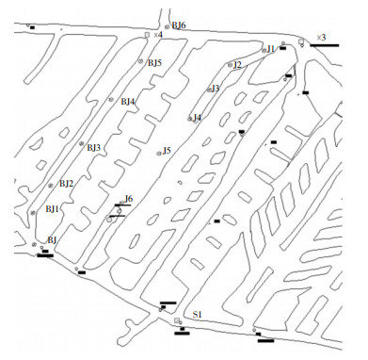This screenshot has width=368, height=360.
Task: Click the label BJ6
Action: (x=179, y=25)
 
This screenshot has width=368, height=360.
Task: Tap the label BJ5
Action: (x=154, y=63)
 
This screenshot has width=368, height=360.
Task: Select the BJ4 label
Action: (x=128, y=102)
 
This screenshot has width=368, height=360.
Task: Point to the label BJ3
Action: (x=93, y=148)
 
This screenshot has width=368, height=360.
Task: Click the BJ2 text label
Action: (x=67, y=184)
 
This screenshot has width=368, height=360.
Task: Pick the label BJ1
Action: (x=52, y=209)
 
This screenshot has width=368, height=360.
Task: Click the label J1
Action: (x=271, y=49)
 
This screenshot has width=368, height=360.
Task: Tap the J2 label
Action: (x=237, y=65)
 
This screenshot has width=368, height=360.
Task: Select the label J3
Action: (x=216, y=89)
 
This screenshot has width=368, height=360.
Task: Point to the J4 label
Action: (x=197, y=118)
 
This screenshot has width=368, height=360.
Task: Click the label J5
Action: (x=167, y=151)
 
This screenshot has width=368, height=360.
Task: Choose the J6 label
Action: (x=129, y=199)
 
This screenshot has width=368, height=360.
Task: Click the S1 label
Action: (x=197, y=315)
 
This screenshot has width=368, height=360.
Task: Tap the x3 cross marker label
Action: (x=321, y=38)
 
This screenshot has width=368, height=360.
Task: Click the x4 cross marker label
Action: (x=158, y=35)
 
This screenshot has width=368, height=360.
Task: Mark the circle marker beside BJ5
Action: (x=140, y=61)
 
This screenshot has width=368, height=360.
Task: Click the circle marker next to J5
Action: (x=159, y=154)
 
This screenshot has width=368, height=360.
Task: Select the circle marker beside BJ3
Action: (x=81, y=144)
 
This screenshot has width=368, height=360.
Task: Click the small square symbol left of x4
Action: (x=147, y=35)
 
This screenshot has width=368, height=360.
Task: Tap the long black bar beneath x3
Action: (x=325, y=45)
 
